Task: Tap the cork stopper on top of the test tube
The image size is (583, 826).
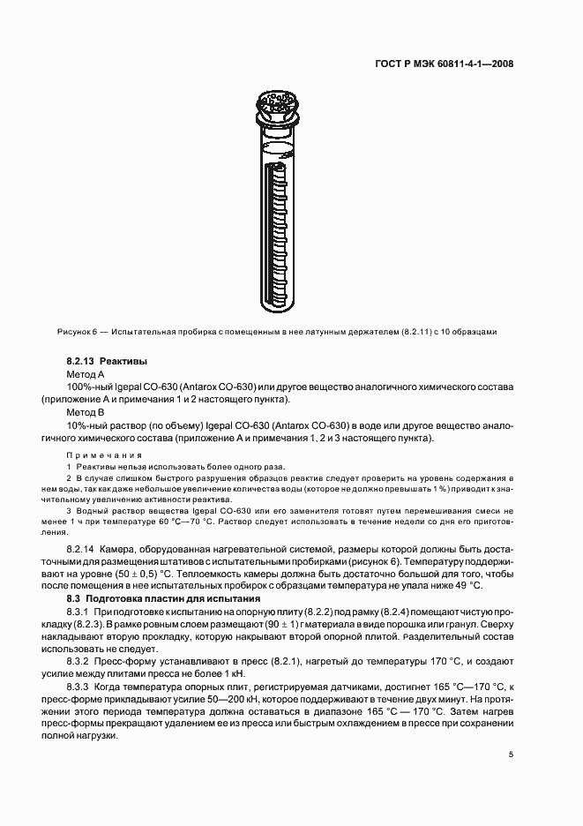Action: (278, 105)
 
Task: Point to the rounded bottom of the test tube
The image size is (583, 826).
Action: (280, 306)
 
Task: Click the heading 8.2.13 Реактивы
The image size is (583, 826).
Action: (107, 362)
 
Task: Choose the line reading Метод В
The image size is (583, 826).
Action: (86, 412)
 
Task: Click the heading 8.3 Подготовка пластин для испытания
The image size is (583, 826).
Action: (157, 598)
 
